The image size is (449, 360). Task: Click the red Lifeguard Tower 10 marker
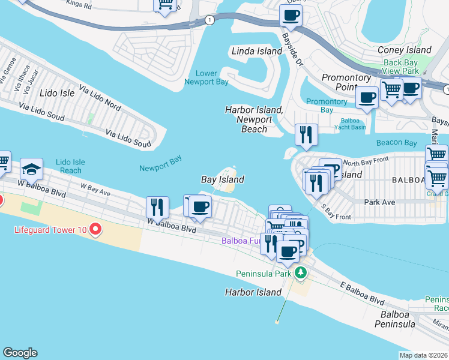[x=95, y=229]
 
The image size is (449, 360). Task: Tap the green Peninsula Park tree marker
[x=301, y=274]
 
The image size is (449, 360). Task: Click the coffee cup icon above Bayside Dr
[x=291, y=16]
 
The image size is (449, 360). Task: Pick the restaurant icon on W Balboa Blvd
[x=157, y=208]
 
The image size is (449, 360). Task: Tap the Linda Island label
[x=256, y=51]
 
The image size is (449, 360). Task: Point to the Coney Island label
[x=404, y=50]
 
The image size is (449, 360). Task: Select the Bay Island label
[x=222, y=179]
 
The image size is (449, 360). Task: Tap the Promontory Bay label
[x=327, y=106]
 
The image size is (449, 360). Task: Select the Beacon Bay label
[x=396, y=143]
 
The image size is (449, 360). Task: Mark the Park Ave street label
[x=379, y=202]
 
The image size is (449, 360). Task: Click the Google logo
[x=20, y=353]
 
